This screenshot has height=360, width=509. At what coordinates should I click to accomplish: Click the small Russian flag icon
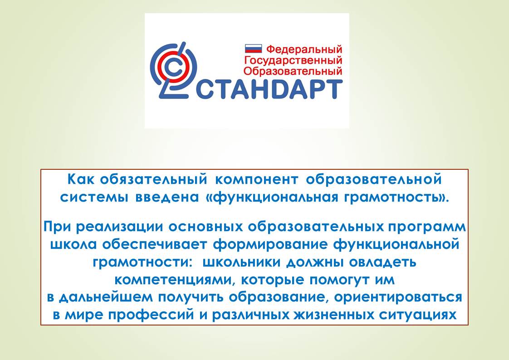tap(253, 49)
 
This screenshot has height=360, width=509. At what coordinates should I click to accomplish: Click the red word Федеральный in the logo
tap(304, 49)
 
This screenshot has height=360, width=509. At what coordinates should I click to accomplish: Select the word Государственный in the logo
tap(293, 60)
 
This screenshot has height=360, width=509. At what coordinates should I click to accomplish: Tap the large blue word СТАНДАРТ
tap(269, 89)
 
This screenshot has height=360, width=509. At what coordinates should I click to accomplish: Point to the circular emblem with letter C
tap(173, 70)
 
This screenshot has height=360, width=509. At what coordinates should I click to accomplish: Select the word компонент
tap(256, 180)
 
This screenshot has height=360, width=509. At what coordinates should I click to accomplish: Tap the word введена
tap(167, 197)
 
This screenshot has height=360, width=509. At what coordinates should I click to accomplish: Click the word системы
tap(94, 197)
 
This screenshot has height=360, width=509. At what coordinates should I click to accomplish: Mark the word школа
tap(73, 244)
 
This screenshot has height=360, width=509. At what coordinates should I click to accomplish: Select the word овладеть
tap(382, 262)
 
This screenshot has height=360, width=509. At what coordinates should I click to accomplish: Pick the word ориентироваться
tap(398, 297)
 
